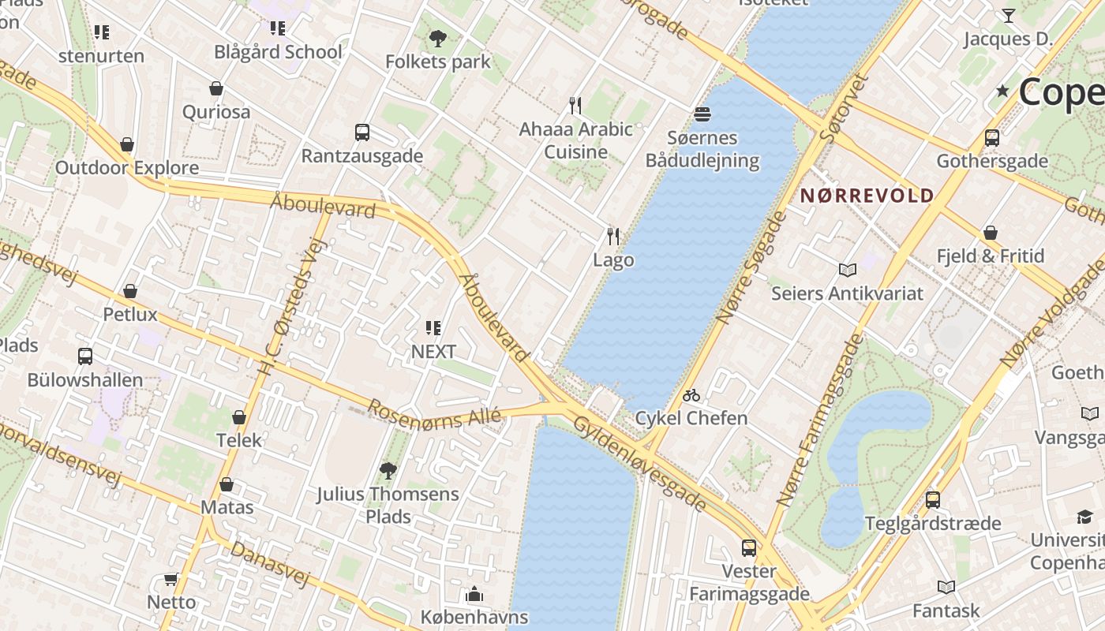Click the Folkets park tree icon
tap(438, 38)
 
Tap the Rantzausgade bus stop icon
tap(362, 133)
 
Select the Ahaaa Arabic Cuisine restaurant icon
tap(575, 105)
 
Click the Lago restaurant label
tap(613, 260)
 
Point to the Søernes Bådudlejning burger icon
tap(702, 114)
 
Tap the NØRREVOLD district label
tap(867, 196)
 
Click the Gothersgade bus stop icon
tap(992, 137)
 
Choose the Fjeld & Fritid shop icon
tap(990, 233)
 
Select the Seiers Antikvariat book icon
tap(848, 271)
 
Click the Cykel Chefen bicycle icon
tap(691, 395)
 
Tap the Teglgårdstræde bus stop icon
tap(933, 499)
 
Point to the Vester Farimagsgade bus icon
tap(749, 547)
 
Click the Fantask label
tap(946, 610)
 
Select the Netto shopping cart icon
tap(170, 580)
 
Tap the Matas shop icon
tap(227, 484)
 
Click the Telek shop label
tap(238, 440)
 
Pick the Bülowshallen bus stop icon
tap(85, 357)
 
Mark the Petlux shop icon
tap(130, 291)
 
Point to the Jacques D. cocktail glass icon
tap(1008, 15)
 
